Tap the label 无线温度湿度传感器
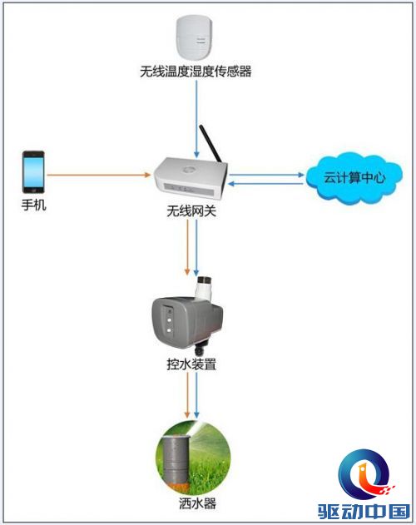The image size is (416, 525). [x=196, y=72]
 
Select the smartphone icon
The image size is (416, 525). [x=33, y=171]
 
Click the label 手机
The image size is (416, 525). [x=33, y=205]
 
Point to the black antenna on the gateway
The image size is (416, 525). [x=210, y=143]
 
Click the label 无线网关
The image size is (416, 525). [x=191, y=211]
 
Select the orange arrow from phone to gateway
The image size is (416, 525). [x=99, y=175]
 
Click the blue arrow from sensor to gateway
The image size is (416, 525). [x=196, y=119]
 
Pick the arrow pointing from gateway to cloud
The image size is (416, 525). [x=266, y=175]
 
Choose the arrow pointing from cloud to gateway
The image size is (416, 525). [x=265, y=184]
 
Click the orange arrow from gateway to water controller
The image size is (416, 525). [x=187, y=247]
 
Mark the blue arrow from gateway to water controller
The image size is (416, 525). [x=196, y=248]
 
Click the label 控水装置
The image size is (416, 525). [x=191, y=364]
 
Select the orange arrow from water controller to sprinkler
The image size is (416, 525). [x=187, y=395]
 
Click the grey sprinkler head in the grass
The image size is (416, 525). [x=176, y=462]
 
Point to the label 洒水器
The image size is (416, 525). [x=197, y=503]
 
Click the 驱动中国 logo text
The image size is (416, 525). [x=364, y=512]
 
